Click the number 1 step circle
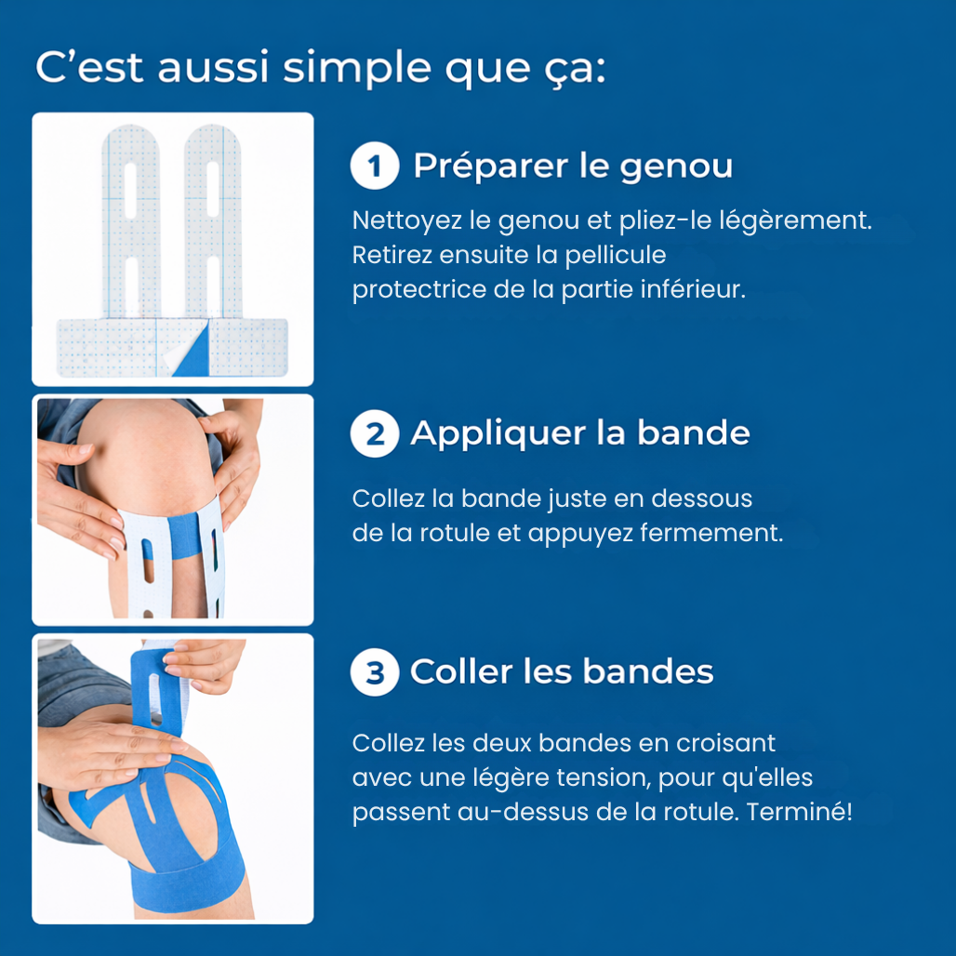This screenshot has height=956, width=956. (x=375, y=166)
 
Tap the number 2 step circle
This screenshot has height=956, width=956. (x=375, y=433)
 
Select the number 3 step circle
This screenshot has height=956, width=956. (x=375, y=671)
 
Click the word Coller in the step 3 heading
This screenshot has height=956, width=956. (x=461, y=671)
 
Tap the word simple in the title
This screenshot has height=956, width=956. (x=357, y=69)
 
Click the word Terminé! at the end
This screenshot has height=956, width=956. (x=800, y=812)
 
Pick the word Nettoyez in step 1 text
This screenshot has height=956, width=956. (x=406, y=220)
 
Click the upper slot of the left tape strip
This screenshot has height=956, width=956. (x=130, y=191)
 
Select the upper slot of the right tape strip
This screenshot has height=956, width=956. (x=213, y=189)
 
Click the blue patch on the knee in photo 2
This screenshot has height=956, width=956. (x=185, y=536)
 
